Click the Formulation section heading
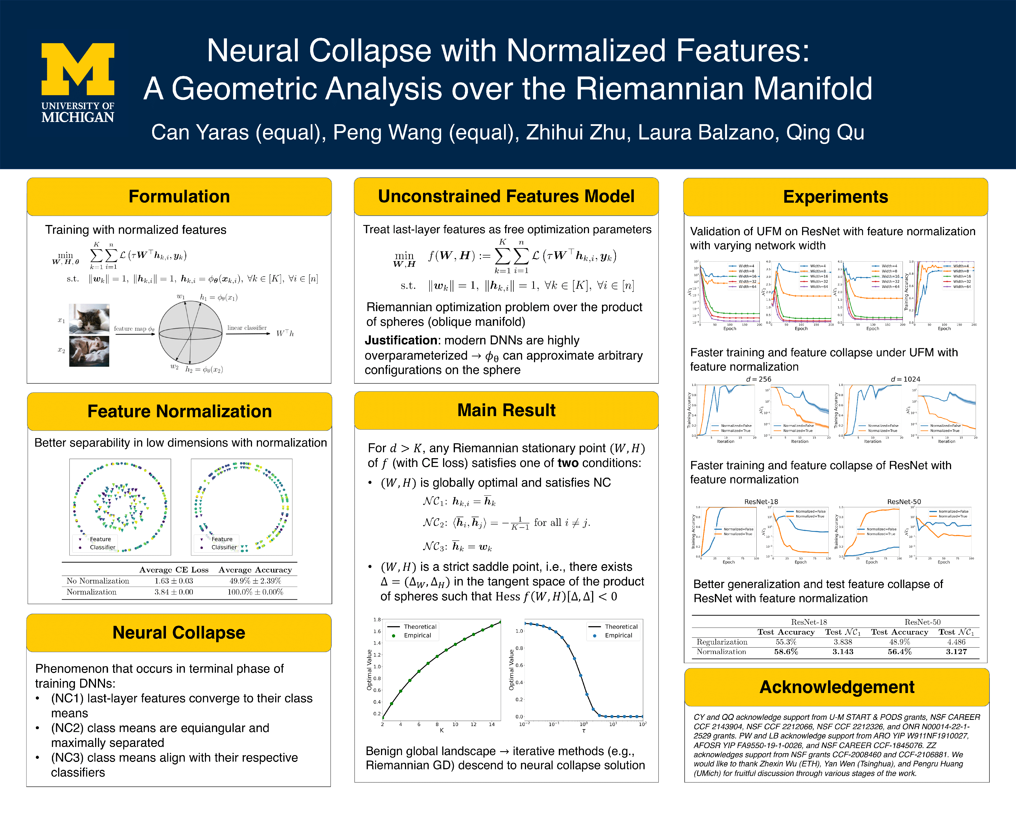(179, 196)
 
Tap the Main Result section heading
(506, 410)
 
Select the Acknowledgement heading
(837, 687)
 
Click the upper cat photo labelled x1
(89, 319)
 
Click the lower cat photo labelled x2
(89, 351)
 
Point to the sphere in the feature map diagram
(190, 333)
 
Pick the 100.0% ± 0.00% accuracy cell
(255, 592)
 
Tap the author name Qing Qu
(825, 132)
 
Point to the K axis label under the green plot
(442, 730)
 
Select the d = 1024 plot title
(905, 379)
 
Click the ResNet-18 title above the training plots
(761, 501)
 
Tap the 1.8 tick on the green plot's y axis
(377, 620)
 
